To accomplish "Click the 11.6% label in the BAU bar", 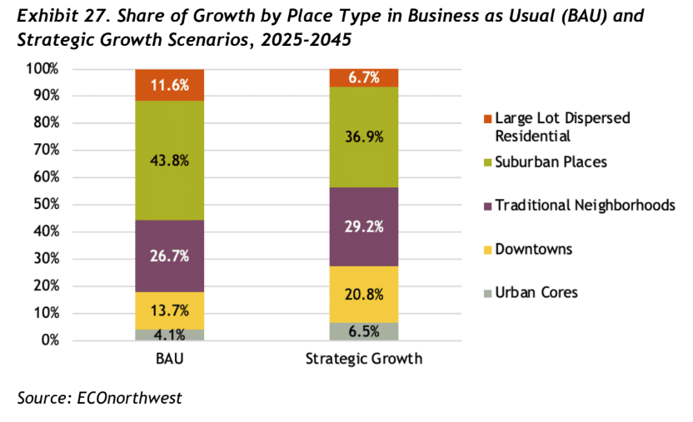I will pos(170,84).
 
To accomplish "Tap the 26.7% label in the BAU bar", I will pos(170,256).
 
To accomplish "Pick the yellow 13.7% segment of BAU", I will pos(170,310).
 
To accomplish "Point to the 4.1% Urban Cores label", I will pos(170,333).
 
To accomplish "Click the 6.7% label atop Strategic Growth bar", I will pos(364,77).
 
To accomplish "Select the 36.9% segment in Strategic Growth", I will pos(364,137).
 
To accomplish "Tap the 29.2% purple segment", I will pos(364,226).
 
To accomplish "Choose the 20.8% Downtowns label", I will pos(364,293).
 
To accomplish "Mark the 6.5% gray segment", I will pos(364,330).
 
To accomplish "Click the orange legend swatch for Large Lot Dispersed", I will pos(487,118).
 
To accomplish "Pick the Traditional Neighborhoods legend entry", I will pos(584,205).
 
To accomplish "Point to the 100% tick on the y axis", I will pos(42,69).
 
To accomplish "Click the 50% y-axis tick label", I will pos(45,205).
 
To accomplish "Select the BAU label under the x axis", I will pos(170,359).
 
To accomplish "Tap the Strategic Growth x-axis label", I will pos(364,359).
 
